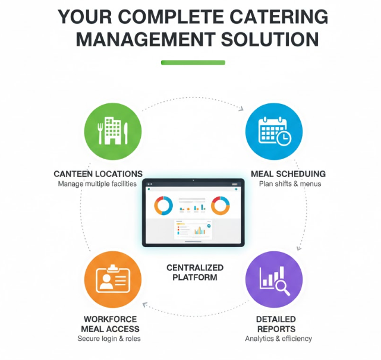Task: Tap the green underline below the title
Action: (193, 62)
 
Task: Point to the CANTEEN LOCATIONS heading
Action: (97, 174)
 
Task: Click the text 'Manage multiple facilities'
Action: (97, 184)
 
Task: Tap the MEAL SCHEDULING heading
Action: (288, 174)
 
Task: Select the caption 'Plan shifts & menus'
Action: (290, 184)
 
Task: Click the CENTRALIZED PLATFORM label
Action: (195, 273)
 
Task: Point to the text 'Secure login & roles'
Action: (109, 339)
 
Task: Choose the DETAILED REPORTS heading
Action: (276, 324)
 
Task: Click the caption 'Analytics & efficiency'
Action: (278, 339)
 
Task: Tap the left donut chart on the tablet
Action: (163, 206)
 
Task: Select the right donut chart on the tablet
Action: (220, 206)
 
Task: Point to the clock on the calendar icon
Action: (284, 138)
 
